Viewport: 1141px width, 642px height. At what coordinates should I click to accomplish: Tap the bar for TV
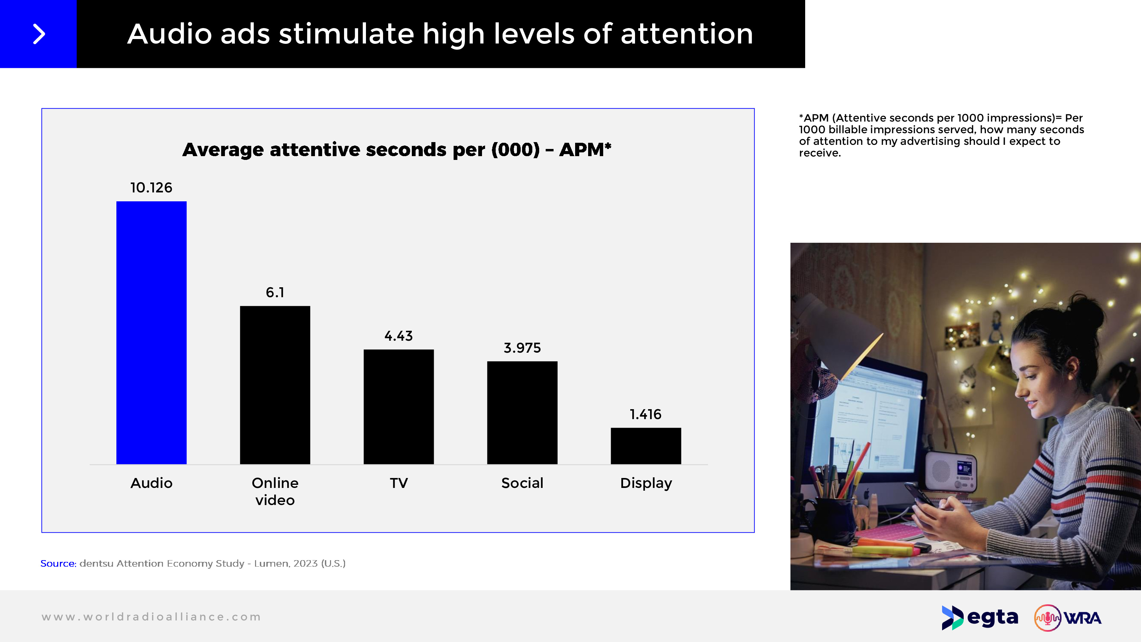click(398, 407)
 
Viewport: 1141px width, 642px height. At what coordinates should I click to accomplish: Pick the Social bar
click(522, 413)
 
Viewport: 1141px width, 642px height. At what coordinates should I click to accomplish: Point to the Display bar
click(645, 446)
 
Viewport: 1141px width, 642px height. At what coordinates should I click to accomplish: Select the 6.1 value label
click(275, 292)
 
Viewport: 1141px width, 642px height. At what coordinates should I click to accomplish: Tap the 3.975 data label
click(522, 348)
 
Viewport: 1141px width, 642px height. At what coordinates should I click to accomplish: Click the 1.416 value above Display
click(645, 414)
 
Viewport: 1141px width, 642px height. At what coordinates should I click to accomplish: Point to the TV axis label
click(398, 483)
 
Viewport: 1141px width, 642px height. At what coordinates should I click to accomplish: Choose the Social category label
click(522, 483)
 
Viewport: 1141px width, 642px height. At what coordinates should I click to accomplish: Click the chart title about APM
click(396, 150)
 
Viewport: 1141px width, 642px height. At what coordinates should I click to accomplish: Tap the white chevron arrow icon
click(39, 34)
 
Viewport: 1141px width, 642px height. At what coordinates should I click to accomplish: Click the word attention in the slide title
click(686, 34)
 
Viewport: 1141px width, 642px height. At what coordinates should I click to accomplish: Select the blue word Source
click(58, 564)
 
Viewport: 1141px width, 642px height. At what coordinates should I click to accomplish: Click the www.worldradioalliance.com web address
click(151, 617)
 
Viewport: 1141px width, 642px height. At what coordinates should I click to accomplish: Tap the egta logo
click(980, 618)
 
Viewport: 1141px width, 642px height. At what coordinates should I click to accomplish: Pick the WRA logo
click(1067, 618)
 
